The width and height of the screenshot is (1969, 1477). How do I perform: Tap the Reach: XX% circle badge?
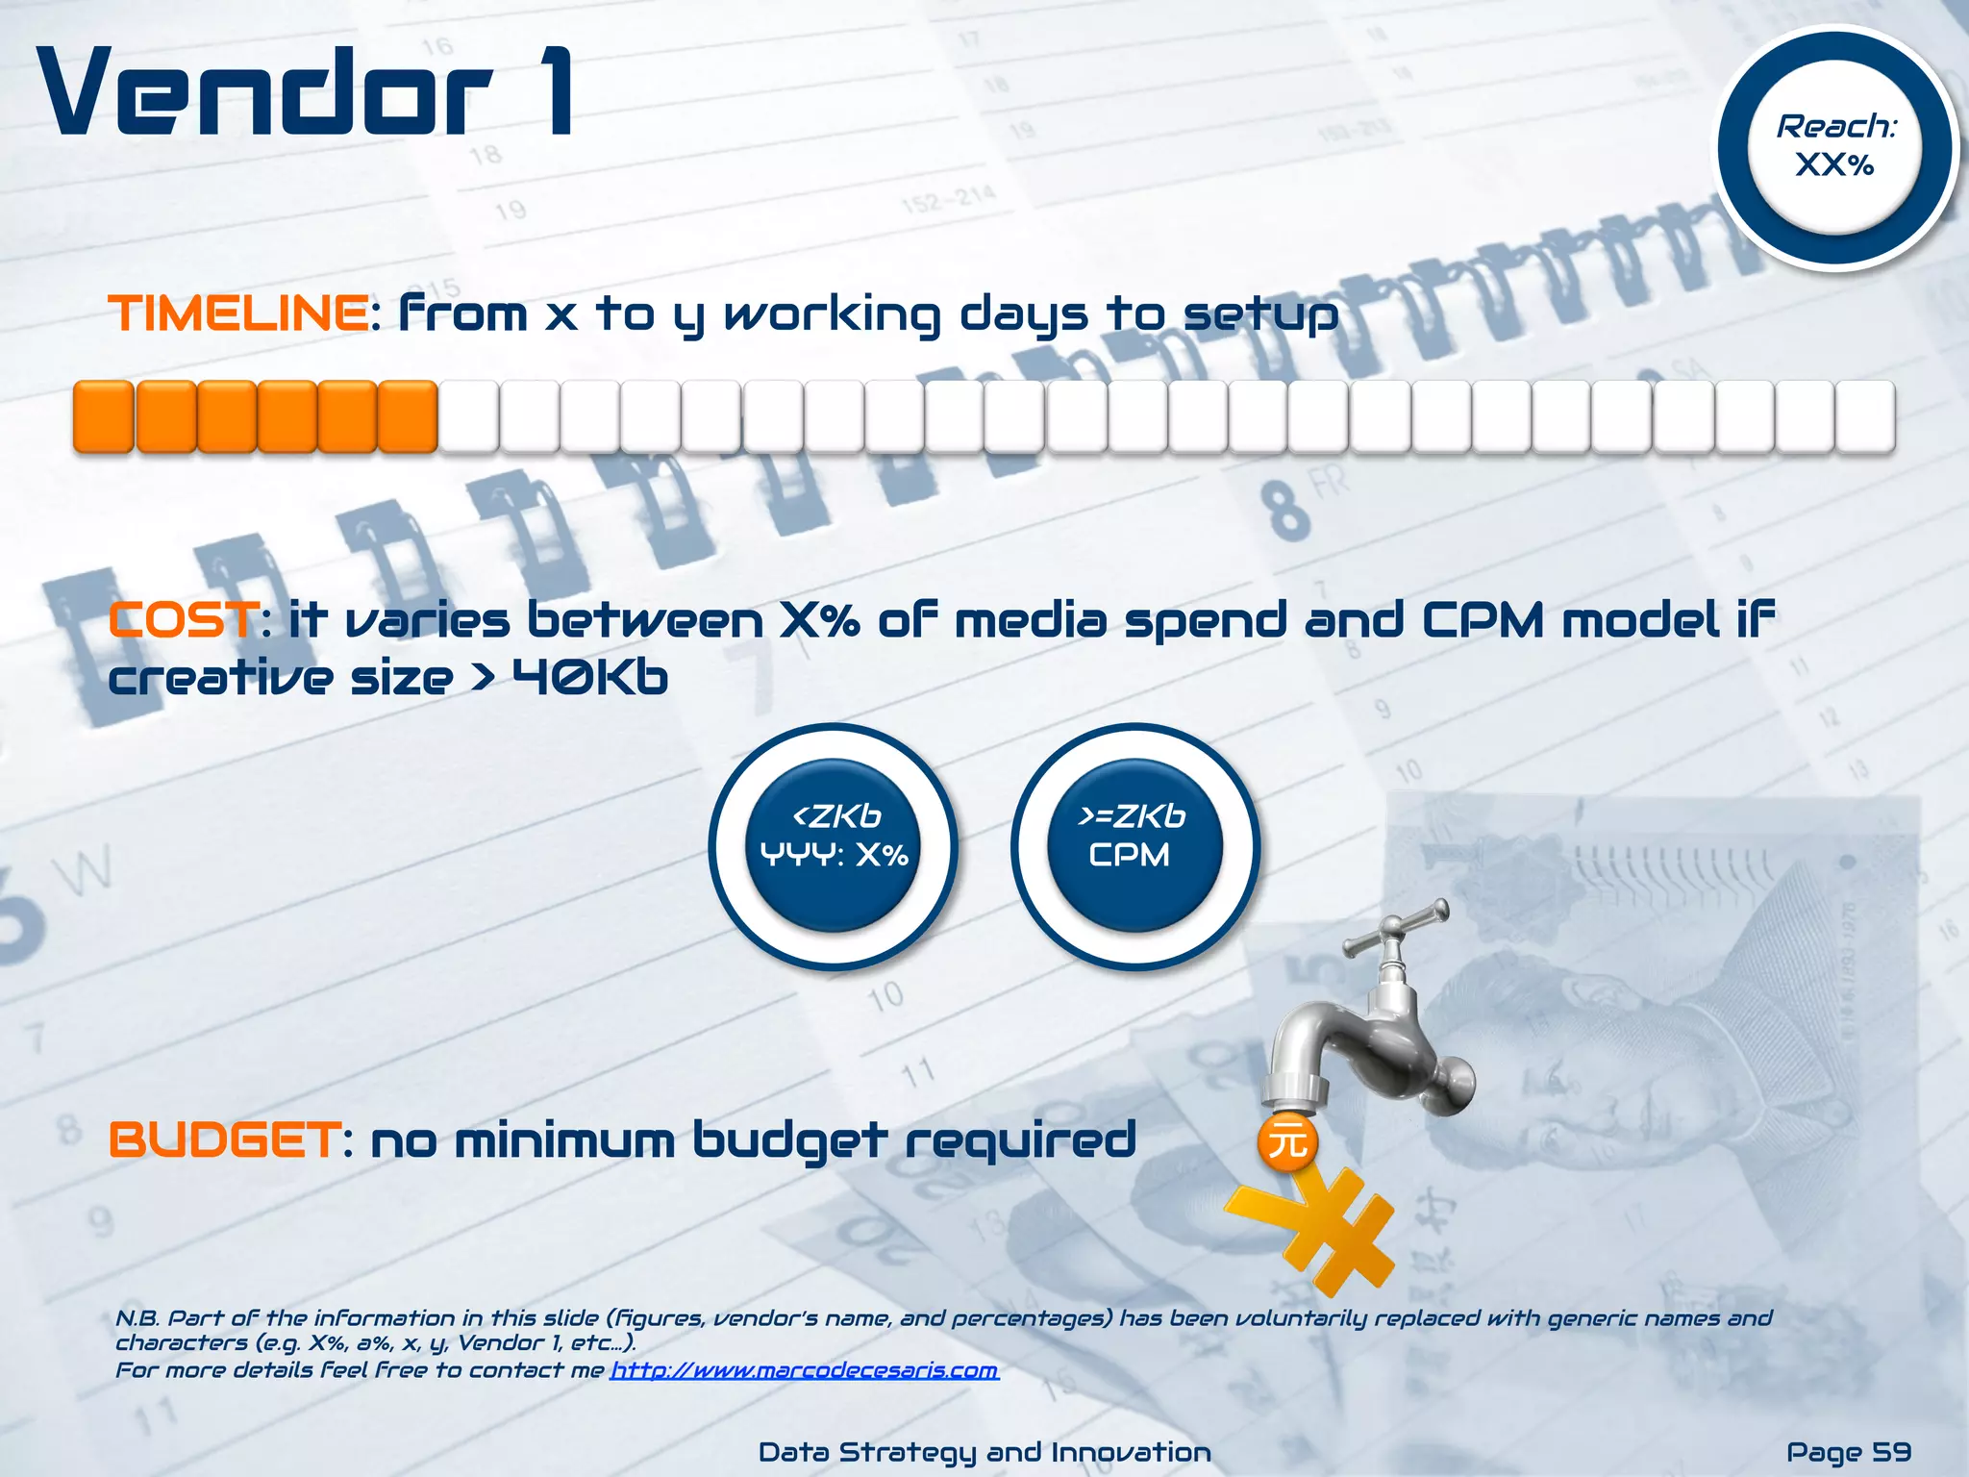point(1835,147)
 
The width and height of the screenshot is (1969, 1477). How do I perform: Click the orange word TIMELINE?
point(237,313)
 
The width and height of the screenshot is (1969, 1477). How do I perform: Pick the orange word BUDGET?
point(224,1140)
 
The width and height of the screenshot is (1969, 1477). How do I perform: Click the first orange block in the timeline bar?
point(103,416)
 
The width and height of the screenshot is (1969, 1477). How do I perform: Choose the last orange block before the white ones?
point(408,416)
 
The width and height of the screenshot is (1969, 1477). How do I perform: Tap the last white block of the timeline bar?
point(1865,416)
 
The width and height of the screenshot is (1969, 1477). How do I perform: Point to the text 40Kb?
point(589,678)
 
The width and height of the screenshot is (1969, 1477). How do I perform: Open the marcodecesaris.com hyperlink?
point(805,1369)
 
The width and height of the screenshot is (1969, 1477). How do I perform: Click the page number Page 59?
point(1848,1452)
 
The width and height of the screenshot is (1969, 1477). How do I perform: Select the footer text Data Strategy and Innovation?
point(984,1452)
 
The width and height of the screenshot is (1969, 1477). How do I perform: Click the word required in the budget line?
point(1020,1140)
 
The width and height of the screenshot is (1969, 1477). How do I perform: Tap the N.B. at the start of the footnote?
point(137,1318)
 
